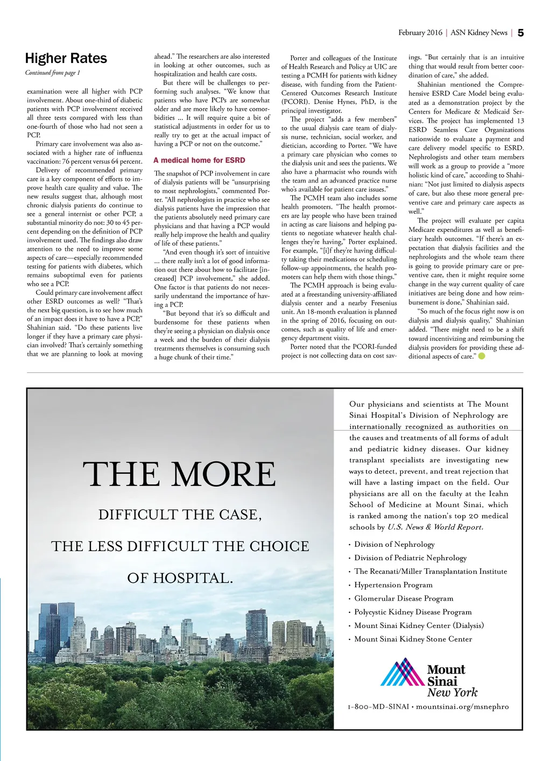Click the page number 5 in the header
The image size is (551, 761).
click(x=520, y=33)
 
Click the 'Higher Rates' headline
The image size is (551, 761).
click(x=66, y=58)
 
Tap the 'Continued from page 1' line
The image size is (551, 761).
click(x=52, y=73)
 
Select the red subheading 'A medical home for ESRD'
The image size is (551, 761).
click(x=199, y=160)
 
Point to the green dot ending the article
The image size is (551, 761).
click(x=482, y=356)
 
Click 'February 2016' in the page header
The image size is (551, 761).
click(x=420, y=33)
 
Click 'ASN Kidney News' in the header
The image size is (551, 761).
click(x=479, y=33)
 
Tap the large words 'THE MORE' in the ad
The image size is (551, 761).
click(x=179, y=475)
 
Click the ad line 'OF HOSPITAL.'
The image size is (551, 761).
click(x=180, y=578)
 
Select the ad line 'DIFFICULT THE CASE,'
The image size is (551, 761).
click(x=180, y=515)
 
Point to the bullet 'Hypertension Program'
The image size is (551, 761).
click(x=393, y=585)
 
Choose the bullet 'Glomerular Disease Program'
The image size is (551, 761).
click(x=404, y=598)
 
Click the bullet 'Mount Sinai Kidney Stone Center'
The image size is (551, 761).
click(x=413, y=639)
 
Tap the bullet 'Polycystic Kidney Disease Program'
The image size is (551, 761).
click(x=413, y=612)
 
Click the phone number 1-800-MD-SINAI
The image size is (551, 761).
click(x=378, y=706)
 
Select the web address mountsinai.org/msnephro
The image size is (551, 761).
click(x=462, y=706)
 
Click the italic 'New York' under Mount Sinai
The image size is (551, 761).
click(x=452, y=693)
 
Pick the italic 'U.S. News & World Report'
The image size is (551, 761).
click(x=435, y=527)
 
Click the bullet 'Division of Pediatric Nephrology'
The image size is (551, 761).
click(x=410, y=558)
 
